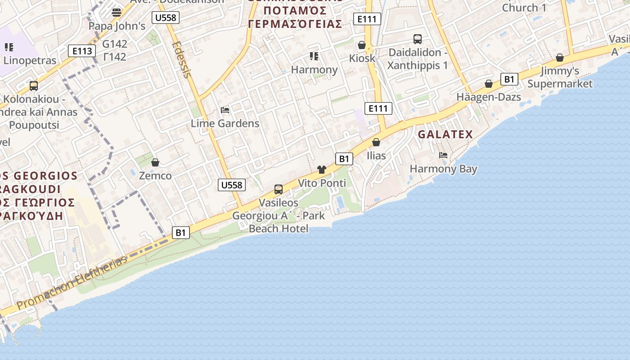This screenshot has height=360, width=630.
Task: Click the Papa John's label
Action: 117,26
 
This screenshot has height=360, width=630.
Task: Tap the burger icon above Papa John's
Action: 117,12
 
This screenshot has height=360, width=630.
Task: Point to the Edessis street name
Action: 182,59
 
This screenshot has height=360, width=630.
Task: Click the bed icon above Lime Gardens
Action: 225,110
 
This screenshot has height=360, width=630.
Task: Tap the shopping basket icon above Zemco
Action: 155,162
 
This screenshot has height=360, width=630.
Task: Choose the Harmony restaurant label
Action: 314,70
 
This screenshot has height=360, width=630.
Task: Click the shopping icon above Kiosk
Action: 361,45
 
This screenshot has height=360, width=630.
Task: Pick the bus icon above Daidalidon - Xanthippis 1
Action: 418,39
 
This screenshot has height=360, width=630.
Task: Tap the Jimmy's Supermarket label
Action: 560,77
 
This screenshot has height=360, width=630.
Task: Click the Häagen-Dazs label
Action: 489,97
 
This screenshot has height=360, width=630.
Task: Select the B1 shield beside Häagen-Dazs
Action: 508,80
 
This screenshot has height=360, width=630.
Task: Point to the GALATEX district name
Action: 445,134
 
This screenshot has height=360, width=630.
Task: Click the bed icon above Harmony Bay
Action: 443,155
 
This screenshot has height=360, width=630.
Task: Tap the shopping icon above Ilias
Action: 376,142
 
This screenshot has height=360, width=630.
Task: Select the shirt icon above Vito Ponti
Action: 321,170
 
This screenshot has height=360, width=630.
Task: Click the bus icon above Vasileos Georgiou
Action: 279,189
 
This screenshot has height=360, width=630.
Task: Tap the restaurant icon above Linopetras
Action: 9,47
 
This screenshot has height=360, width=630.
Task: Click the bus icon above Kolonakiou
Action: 34,85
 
